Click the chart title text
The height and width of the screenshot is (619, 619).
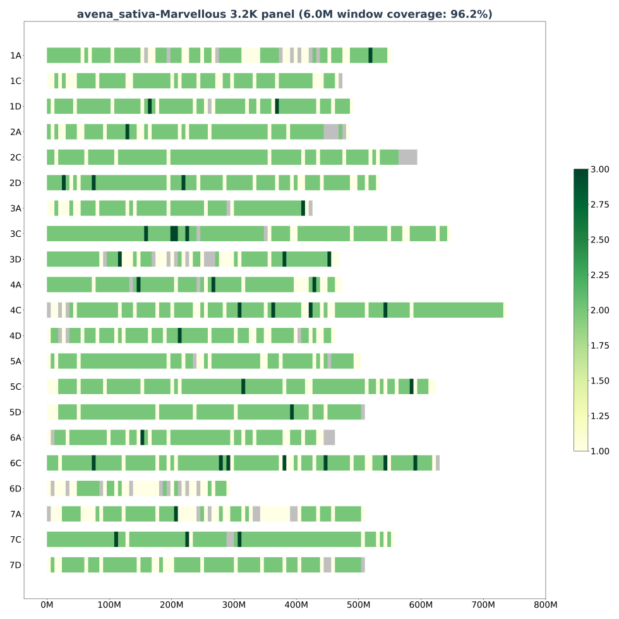pyautogui.click(x=284, y=14)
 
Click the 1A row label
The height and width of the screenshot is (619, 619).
pyautogui.click(x=16, y=56)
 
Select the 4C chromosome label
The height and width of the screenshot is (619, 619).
pyautogui.click(x=16, y=310)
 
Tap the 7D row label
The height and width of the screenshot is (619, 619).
pyautogui.click(x=16, y=565)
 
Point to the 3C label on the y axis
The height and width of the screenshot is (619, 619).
pyautogui.click(x=16, y=234)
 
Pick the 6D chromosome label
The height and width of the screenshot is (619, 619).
pyautogui.click(x=16, y=488)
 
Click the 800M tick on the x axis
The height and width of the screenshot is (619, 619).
pyautogui.click(x=545, y=605)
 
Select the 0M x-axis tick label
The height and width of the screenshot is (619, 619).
pyautogui.click(x=47, y=605)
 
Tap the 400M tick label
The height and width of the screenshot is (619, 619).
pyautogui.click(x=296, y=605)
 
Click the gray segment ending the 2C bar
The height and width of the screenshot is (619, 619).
pyautogui.click(x=407, y=157)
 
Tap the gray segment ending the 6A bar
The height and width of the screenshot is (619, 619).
pyautogui.click(x=329, y=438)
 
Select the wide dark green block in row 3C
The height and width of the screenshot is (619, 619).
pyautogui.click(x=174, y=234)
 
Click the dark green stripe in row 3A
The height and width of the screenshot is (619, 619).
pyautogui.click(x=303, y=208)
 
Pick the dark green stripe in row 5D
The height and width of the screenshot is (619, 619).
pyautogui.click(x=292, y=412)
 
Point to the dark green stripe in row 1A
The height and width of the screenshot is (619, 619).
pyautogui.click(x=370, y=56)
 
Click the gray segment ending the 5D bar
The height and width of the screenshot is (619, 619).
pyautogui.click(x=363, y=412)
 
